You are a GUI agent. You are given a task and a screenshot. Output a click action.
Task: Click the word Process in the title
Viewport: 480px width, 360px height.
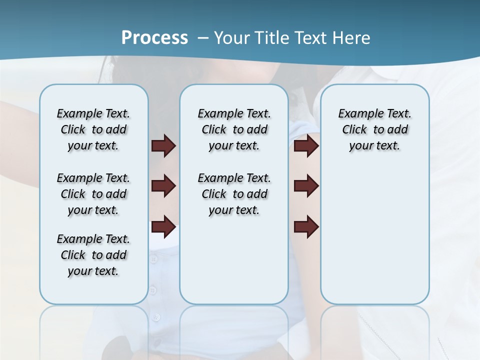coord(154,37)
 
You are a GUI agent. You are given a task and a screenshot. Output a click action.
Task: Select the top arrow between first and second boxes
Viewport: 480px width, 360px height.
coord(163,146)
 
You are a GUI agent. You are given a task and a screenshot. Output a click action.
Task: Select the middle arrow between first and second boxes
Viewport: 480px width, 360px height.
coord(163,186)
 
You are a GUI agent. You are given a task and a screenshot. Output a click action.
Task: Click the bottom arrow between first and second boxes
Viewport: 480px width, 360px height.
coord(163,226)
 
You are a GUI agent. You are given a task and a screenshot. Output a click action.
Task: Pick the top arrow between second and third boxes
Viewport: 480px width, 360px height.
coord(306,146)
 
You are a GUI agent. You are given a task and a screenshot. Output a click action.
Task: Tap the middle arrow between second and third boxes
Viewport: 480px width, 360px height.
coord(306,186)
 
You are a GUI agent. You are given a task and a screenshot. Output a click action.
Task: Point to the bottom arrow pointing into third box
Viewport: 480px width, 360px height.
coord(306,226)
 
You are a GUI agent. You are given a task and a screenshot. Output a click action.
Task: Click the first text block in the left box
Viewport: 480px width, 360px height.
coord(93,129)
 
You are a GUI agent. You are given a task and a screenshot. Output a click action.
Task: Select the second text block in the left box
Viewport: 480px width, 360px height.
coord(93,194)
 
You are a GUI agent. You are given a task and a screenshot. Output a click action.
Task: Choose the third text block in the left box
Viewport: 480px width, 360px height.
coord(93,255)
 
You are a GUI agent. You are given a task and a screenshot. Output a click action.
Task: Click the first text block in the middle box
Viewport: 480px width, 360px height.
coord(234,129)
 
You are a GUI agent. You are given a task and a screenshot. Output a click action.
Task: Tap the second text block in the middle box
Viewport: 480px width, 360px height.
coord(234,194)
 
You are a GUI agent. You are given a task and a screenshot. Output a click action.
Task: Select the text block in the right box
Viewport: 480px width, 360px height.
coord(374,129)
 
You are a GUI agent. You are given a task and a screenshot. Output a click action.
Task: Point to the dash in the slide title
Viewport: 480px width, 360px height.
coord(203,38)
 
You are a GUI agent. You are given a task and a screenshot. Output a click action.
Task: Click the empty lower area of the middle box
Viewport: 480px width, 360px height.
coord(234,260)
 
